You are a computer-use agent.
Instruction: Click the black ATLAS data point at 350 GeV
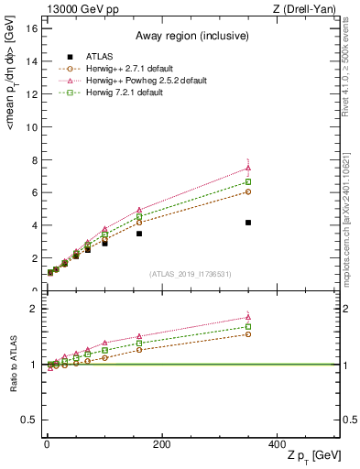[x=248, y=223]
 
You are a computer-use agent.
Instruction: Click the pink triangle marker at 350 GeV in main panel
[x=248, y=168]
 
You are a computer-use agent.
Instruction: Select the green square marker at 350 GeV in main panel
[x=248, y=182]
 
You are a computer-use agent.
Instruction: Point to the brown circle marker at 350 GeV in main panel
[x=248, y=191]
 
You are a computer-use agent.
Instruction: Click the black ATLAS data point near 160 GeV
[x=139, y=234]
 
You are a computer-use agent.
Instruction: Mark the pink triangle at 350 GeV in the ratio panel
[x=248, y=317]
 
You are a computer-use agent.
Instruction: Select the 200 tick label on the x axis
[x=162, y=443]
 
